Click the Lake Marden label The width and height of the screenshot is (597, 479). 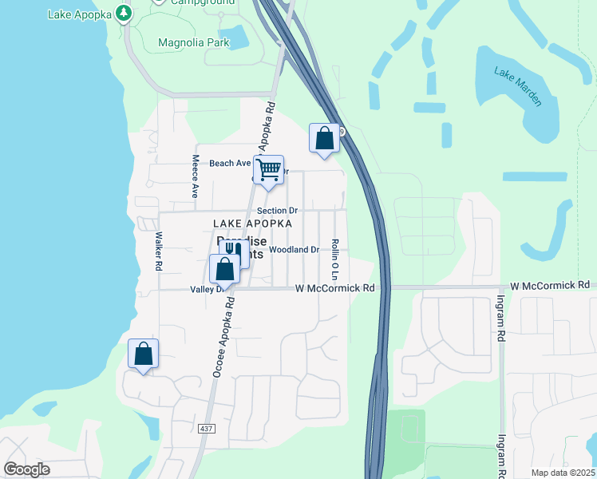(x=518, y=87)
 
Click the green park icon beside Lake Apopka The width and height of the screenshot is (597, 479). (x=122, y=14)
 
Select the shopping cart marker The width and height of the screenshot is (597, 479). (x=269, y=169)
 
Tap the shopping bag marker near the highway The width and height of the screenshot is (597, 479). (x=325, y=138)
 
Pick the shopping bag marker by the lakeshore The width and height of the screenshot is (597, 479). (x=143, y=354)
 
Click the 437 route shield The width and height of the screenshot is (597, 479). (x=208, y=430)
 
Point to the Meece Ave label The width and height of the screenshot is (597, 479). (x=195, y=176)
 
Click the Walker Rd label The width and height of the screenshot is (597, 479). (x=159, y=251)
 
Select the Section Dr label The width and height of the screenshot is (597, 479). (x=277, y=211)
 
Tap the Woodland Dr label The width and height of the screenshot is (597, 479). (x=294, y=250)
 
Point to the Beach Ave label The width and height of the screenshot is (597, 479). (x=230, y=164)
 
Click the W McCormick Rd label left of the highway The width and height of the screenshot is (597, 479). (x=335, y=287)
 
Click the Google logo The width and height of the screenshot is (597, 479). (x=26, y=469)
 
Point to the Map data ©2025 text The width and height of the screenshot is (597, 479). (x=563, y=473)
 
